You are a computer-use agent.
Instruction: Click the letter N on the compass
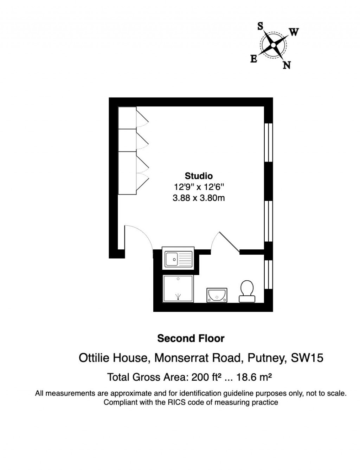point(287,65)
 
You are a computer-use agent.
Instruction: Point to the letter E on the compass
point(253,59)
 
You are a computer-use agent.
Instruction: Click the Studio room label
point(199,176)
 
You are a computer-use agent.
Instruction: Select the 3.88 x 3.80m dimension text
point(199,198)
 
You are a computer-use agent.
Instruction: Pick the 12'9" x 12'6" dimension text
point(199,187)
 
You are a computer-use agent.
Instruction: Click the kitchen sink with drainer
point(178,258)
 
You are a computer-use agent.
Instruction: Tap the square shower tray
point(178,288)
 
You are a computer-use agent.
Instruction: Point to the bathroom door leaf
point(230,242)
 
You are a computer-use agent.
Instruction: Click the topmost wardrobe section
point(127,118)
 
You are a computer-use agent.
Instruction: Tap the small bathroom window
point(269,274)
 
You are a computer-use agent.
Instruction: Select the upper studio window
point(269,142)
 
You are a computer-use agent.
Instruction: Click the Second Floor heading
point(191,339)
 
